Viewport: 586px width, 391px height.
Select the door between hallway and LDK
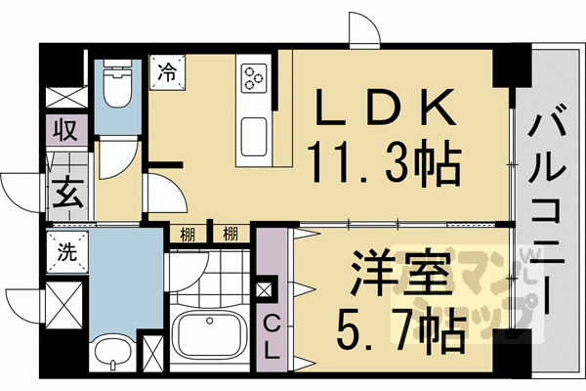(x=161, y=191)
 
